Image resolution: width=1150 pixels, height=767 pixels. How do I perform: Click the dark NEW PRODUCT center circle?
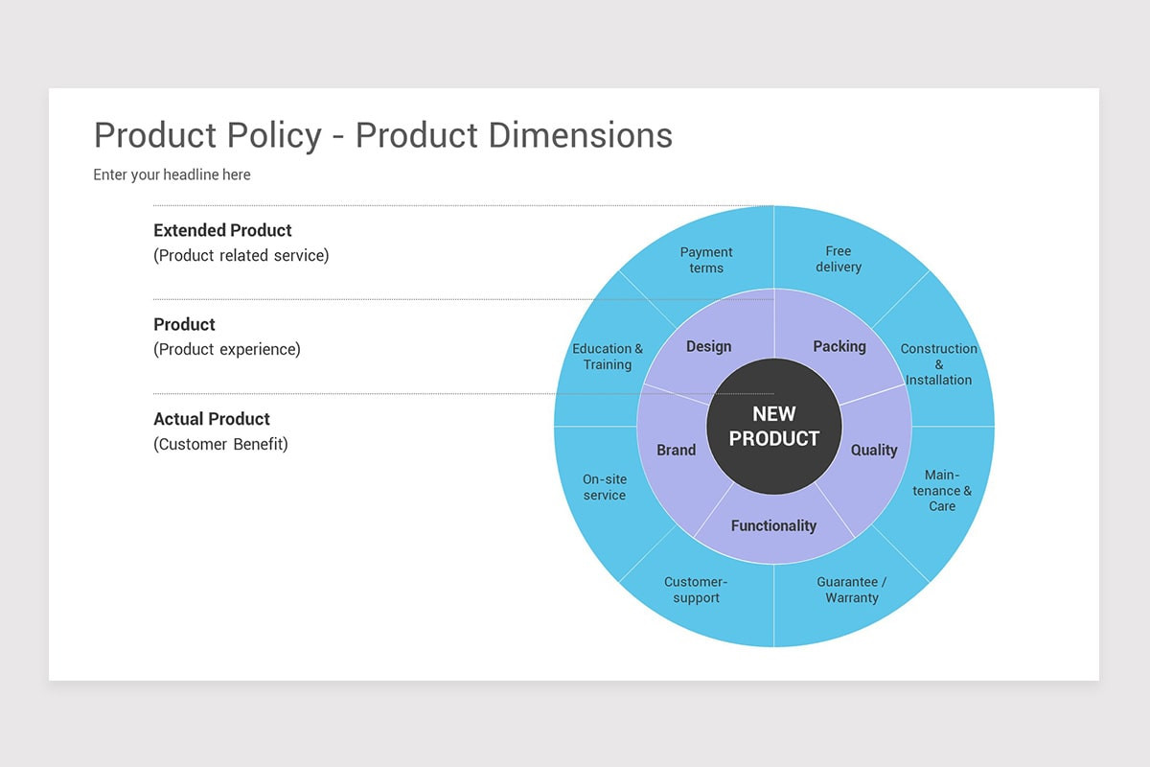[774, 427]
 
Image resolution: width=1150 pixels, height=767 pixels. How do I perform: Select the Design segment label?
[708, 347]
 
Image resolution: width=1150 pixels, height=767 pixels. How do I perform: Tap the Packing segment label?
[839, 347]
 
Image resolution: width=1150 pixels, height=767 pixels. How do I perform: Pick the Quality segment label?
[874, 450]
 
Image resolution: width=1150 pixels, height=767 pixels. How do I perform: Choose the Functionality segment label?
[773, 525]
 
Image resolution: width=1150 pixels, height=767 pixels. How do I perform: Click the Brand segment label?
[676, 450]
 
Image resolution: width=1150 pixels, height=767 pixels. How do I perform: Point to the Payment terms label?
[706, 260]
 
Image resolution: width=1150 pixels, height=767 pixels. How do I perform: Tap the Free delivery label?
[839, 259]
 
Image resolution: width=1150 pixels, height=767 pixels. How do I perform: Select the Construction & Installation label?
[939, 364]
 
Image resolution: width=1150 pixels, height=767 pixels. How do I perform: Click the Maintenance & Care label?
[942, 490]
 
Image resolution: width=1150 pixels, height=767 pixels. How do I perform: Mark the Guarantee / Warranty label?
[851, 590]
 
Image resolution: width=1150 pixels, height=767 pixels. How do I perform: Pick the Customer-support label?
[696, 590]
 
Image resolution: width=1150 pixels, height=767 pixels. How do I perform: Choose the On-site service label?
[605, 487]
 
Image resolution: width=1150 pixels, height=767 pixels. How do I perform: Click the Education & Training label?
[608, 357]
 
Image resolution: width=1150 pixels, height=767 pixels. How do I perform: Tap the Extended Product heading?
[222, 230]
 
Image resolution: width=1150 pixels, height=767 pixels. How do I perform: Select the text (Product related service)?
[241, 256]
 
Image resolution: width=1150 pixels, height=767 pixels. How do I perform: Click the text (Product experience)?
[226, 350]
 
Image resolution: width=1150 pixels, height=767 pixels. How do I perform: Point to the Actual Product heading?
[212, 419]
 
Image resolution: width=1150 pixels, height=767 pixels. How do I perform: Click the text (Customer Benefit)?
[220, 445]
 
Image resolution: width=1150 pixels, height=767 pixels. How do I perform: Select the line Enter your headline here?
[172, 174]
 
